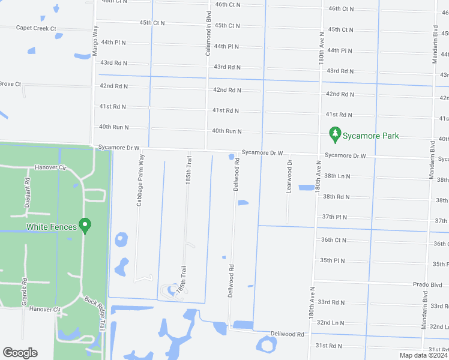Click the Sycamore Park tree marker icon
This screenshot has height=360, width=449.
click(x=335, y=136)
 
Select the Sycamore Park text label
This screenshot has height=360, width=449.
click(x=370, y=136)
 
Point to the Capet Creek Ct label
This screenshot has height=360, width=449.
click(x=36, y=28)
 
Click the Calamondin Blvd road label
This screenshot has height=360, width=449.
click(x=208, y=35)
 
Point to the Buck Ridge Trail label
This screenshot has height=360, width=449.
click(x=95, y=316)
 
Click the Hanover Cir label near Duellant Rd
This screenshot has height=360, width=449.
click(x=49, y=167)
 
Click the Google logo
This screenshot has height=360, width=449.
click(x=20, y=353)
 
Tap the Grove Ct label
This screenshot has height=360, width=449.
click(x=10, y=84)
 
